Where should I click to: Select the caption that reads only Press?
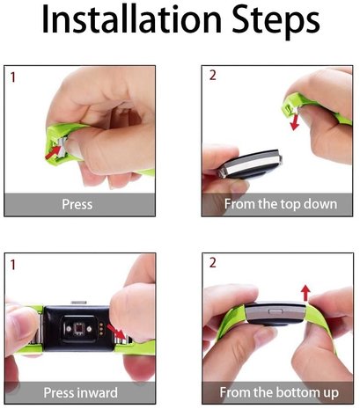[77, 205]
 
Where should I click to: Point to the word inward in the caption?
[98, 392]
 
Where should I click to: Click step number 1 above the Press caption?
[13, 77]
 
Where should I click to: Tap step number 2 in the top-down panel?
[211, 77]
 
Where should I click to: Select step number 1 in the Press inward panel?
[13, 265]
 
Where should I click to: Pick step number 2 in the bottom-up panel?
[211, 265]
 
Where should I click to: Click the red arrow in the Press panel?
[59, 152]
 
